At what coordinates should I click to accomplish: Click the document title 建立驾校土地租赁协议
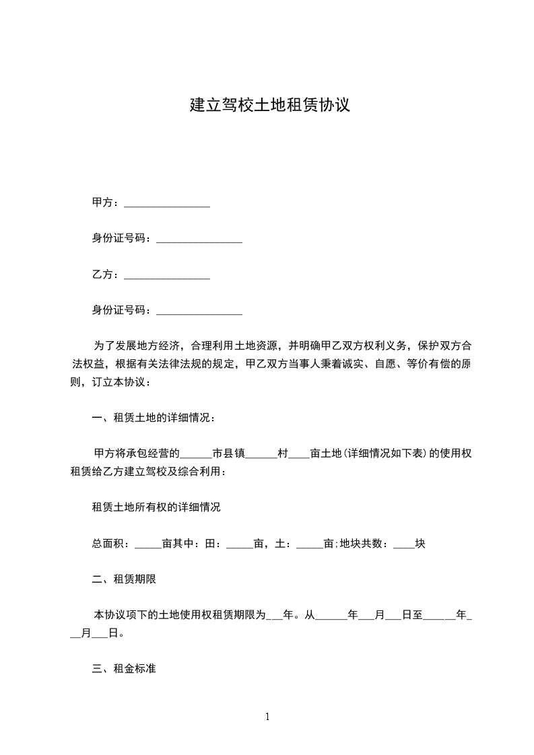(x=269, y=106)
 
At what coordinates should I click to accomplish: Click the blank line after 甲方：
(x=167, y=203)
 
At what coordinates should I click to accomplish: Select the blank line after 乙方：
(x=167, y=276)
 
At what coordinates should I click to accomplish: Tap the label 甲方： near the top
(x=106, y=203)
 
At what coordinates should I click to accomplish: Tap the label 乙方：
(x=106, y=275)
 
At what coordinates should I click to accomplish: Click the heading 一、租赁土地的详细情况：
(x=154, y=418)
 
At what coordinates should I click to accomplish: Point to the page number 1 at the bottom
(x=267, y=717)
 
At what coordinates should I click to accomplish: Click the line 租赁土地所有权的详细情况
(x=156, y=507)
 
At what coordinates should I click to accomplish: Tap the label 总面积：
(x=112, y=544)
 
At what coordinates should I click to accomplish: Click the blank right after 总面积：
(x=148, y=545)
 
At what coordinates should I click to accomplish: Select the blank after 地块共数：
(x=403, y=545)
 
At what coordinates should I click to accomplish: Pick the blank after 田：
(x=239, y=545)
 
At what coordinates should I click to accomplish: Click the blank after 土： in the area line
(x=310, y=545)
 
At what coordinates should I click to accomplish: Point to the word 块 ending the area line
(x=420, y=544)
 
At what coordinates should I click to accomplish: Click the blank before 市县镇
(x=197, y=455)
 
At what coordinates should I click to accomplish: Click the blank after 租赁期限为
(x=275, y=616)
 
